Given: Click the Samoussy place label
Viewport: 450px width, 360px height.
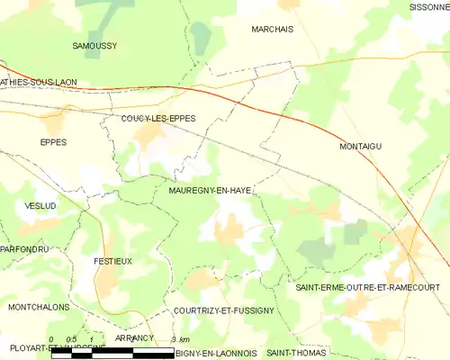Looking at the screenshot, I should [94, 45].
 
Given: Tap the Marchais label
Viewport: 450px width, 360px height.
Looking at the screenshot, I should [272, 29].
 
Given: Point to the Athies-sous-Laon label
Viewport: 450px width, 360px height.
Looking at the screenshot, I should [39, 82].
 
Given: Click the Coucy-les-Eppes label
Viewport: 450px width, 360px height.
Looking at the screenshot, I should [158, 118].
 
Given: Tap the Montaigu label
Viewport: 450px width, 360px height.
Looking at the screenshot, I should [361, 146].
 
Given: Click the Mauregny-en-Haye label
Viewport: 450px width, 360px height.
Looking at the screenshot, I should [209, 191].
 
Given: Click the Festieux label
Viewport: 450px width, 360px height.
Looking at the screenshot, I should [112, 261].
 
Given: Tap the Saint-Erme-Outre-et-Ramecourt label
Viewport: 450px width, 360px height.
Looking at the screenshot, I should [367, 287].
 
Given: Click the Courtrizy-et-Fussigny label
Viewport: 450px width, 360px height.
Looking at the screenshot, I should [225, 310].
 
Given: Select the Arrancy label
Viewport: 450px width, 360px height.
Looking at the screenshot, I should [135, 337].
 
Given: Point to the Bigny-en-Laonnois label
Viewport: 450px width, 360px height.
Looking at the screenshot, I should [217, 354].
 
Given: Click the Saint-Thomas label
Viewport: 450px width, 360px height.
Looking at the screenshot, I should [296, 354].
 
